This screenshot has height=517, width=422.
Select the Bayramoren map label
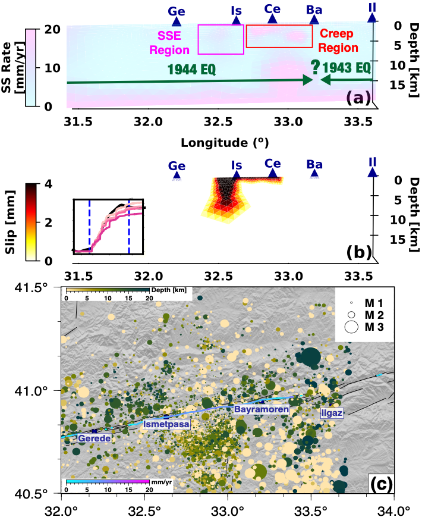(261, 410)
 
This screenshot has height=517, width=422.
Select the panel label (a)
(358, 97)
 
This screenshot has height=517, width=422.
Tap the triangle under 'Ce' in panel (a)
(272, 19)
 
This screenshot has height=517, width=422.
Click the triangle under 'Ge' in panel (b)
(177, 174)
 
